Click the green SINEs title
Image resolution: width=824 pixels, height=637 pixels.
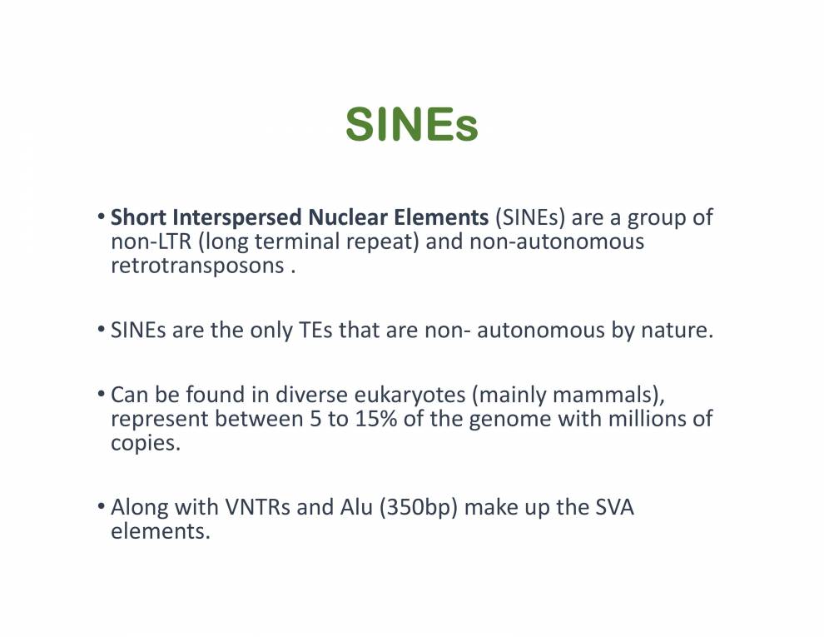(x=411, y=125)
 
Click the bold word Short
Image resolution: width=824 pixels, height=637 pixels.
(x=139, y=217)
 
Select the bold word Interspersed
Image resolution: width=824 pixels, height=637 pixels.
(x=237, y=218)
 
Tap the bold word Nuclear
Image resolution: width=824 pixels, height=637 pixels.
(x=347, y=217)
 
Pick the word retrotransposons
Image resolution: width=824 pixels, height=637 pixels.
(x=197, y=266)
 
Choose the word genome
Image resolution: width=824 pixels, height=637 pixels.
(x=504, y=420)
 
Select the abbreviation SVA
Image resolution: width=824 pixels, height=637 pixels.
(x=614, y=507)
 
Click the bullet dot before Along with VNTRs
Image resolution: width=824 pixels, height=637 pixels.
(x=101, y=506)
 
